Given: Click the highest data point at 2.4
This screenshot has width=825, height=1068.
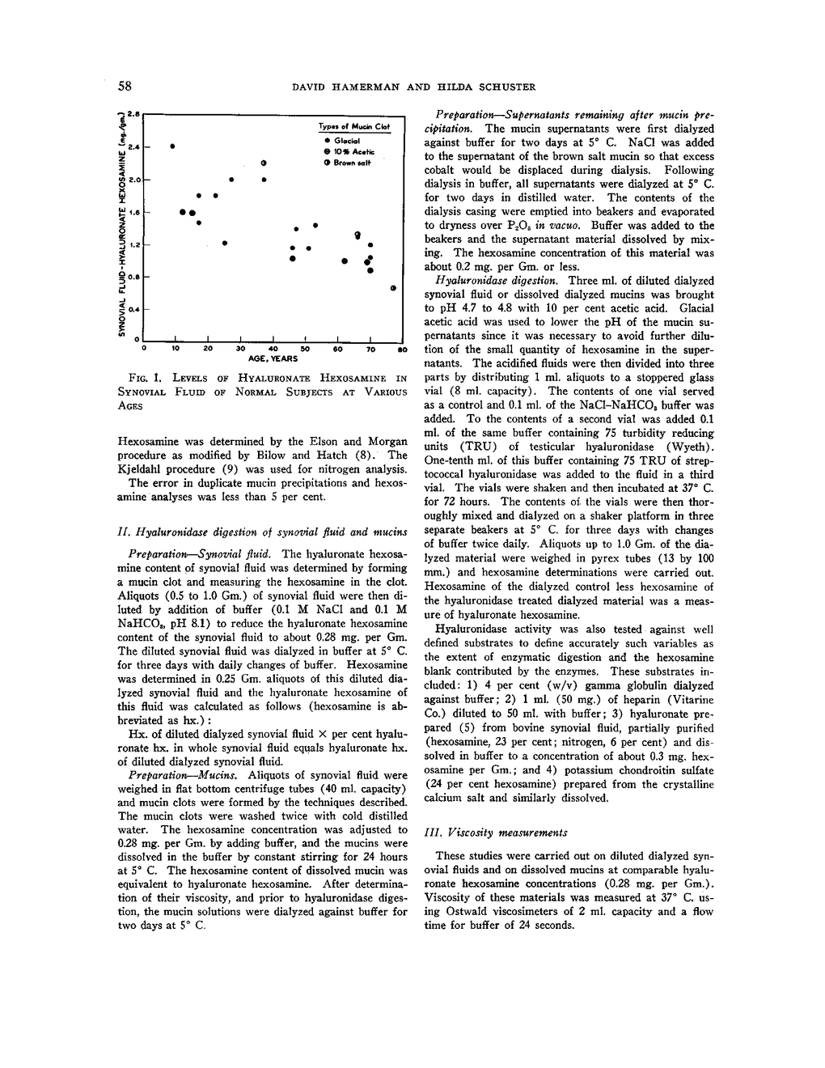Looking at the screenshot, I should (x=173, y=146).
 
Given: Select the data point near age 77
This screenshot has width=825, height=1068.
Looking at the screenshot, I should (x=393, y=288).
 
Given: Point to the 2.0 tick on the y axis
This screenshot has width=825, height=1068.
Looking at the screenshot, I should (x=134, y=180).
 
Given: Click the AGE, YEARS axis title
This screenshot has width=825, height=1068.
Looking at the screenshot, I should (x=273, y=358).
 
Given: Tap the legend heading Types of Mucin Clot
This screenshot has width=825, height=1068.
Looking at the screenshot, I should (x=353, y=127).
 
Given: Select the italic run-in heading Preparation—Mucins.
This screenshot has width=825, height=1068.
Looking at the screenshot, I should (x=169, y=774).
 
